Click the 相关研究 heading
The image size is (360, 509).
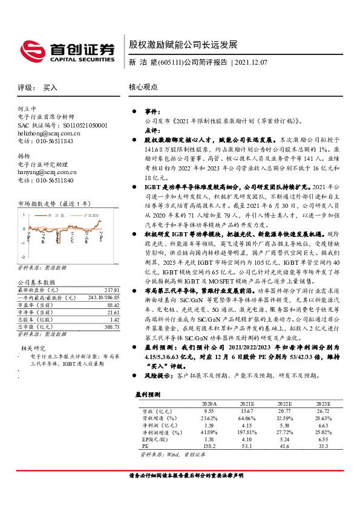coord(34,348)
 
